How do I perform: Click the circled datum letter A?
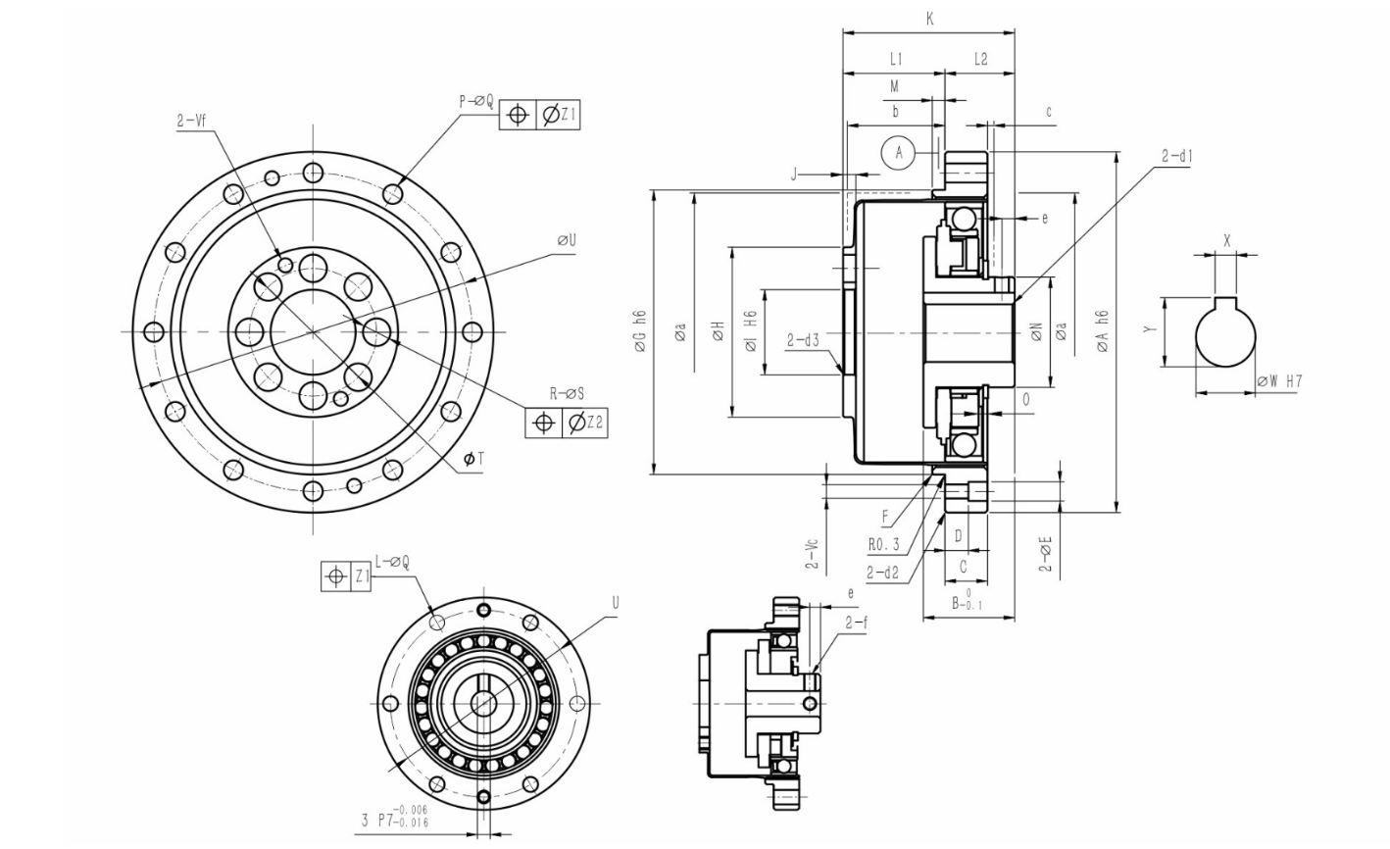(x=899, y=152)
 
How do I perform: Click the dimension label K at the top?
(x=929, y=20)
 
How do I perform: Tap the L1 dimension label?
(x=895, y=60)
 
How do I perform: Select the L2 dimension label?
(x=980, y=60)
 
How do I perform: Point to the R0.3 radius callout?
(x=883, y=545)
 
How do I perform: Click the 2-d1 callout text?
(x=1177, y=157)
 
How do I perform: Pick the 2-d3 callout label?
(x=803, y=340)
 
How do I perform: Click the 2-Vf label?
(x=191, y=121)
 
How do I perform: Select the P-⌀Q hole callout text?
(x=476, y=101)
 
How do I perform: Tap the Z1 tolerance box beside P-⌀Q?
(x=558, y=114)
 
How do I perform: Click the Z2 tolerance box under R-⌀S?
(x=584, y=423)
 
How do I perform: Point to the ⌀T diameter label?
(x=473, y=459)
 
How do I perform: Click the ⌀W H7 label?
(x=1279, y=381)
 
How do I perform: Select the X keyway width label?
(x=1227, y=241)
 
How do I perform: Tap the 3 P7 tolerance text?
(x=395, y=816)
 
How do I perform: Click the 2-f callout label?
(x=857, y=624)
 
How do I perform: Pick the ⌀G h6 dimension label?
(x=641, y=331)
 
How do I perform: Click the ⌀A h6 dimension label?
(x=1102, y=331)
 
